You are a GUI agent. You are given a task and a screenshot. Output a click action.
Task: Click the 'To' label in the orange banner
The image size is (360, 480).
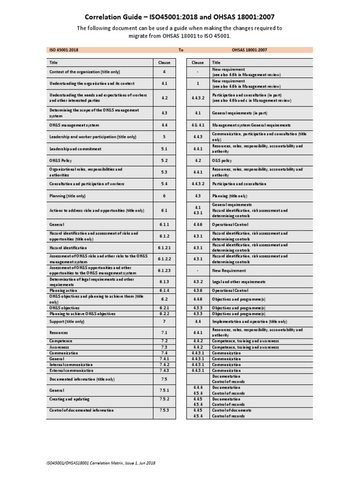[181, 50]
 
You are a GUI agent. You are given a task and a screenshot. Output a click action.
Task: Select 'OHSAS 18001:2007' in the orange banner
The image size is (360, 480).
[249, 50]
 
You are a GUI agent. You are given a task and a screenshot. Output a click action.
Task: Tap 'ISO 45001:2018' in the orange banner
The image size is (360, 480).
[64, 50]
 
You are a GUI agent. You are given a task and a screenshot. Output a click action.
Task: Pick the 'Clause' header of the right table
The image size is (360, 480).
[198, 62]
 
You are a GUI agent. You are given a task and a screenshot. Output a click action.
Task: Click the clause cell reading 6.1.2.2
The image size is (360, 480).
[164, 259]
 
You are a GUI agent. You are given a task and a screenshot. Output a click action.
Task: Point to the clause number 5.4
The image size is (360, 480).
[164, 184]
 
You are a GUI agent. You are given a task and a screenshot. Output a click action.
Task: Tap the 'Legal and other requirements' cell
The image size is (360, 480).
[239, 282]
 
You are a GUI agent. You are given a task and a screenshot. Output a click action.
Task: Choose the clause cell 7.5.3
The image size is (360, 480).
[164, 410]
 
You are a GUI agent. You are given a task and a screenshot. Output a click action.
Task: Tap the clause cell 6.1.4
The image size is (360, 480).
[164, 291]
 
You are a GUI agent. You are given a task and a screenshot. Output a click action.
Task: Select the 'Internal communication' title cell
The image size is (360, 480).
[71, 364]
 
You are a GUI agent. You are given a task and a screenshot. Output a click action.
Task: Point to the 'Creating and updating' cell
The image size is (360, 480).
[69, 399]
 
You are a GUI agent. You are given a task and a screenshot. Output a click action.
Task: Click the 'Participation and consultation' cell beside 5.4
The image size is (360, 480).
[239, 184]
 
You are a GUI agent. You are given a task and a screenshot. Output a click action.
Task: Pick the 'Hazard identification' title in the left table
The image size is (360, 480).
[68, 247]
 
